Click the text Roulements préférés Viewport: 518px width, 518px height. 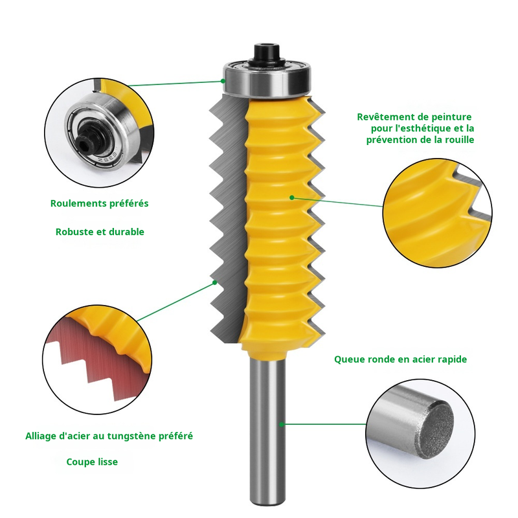[x=100, y=203]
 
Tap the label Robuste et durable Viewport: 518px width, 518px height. [x=100, y=232]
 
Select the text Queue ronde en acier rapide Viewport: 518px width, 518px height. [x=400, y=359]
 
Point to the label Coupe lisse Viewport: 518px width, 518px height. [x=92, y=462]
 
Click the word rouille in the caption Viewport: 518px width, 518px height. [x=458, y=139]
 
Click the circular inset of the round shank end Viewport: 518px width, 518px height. [x=421, y=427]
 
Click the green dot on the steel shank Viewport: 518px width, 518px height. [x=282, y=424]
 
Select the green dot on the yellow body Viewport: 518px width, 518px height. [x=291, y=197]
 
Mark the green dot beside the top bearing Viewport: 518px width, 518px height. [x=223, y=81]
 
